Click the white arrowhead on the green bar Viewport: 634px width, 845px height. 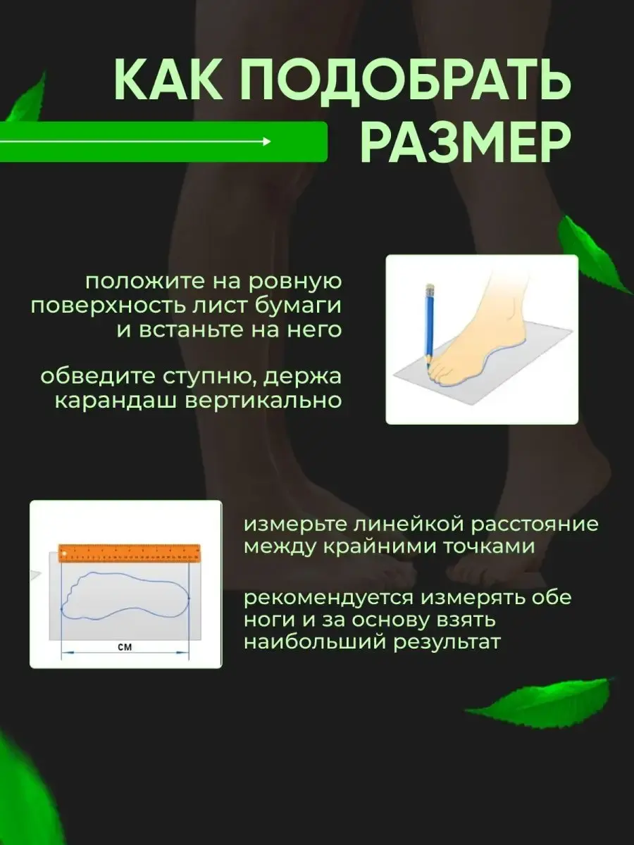(266, 142)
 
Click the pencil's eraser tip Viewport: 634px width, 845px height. (430, 287)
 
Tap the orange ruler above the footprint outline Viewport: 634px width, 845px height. (130, 553)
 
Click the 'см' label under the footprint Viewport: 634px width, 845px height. (125, 647)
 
